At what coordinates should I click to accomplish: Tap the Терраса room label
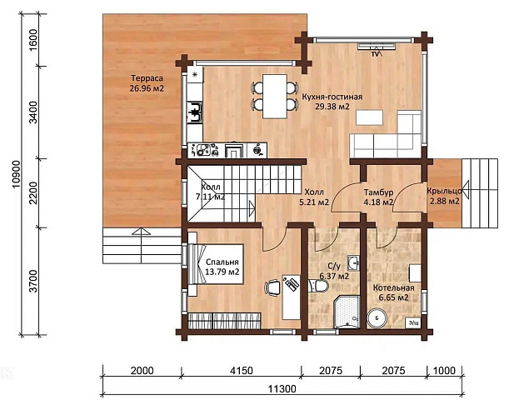coord(147,78)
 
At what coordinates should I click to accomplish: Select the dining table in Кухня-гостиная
coord(274,97)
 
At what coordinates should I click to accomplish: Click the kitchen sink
coord(195,112)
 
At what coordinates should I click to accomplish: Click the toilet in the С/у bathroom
coord(318,286)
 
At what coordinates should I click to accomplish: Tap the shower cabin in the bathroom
coord(347,312)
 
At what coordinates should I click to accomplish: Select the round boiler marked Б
coord(377,318)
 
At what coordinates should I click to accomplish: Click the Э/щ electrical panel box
coord(413,322)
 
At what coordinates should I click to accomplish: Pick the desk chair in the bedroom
coord(272,287)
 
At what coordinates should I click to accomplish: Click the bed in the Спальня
coord(216,264)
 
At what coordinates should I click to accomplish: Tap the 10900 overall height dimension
coord(16,174)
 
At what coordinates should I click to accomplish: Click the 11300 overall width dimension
coord(282,388)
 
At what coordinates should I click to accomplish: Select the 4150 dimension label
coord(242,370)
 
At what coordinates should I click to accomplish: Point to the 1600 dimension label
coord(33,40)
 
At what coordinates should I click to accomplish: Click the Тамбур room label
coord(378,192)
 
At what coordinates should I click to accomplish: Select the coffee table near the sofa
coord(369,117)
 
